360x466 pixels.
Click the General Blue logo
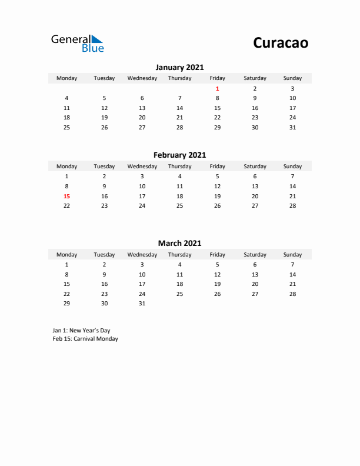point(77,43)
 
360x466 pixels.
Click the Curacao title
point(281,43)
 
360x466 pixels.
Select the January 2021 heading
point(179,68)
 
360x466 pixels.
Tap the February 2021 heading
point(179,155)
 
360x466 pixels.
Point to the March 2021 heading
point(179,243)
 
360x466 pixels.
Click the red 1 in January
point(217,88)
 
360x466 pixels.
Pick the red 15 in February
point(66,196)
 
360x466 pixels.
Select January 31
point(292,127)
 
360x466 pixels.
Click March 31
point(142,304)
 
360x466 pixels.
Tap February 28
point(292,206)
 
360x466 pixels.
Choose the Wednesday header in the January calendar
point(142,78)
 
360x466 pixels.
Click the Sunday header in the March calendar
point(292,255)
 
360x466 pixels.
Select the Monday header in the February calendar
point(66,167)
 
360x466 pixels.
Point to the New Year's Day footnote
point(81,331)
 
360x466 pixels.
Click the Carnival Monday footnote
point(85,339)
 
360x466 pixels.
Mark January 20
point(142,118)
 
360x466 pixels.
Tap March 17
point(142,284)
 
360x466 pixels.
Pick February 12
point(217,186)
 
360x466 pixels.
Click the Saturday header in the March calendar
point(255,255)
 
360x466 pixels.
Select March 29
point(66,304)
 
